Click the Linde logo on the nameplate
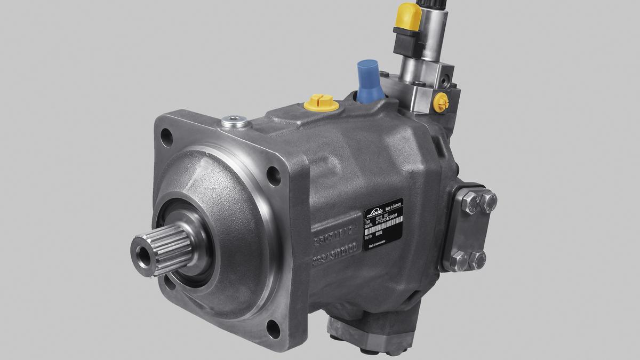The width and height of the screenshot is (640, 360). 375,212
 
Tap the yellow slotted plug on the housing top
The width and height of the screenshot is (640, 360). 321,102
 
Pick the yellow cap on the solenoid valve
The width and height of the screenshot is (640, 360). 409,17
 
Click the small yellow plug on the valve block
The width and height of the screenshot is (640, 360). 441,102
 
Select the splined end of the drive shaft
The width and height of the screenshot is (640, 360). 160,249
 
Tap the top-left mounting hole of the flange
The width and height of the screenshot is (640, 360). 167,138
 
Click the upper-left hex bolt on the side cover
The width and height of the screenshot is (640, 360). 470,203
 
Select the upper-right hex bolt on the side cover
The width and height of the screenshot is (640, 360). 489,201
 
